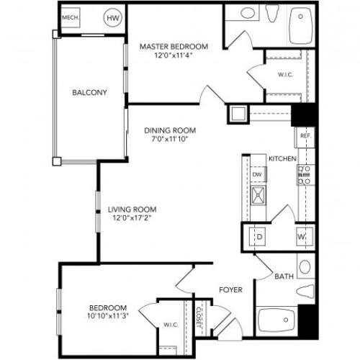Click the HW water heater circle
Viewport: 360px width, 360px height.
click(x=113, y=18)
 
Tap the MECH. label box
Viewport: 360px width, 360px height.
click(x=71, y=18)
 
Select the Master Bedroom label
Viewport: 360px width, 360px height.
click(x=174, y=46)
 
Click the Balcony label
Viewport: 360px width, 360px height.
click(x=89, y=92)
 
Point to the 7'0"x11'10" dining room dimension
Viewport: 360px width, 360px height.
click(x=169, y=139)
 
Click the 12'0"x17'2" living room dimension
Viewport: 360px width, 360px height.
click(x=132, y=218)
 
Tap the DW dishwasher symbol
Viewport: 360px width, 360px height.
click(x=258, y=174)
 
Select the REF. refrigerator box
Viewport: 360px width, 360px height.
click(x=305, y=137)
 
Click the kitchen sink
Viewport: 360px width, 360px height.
click(x=258, y=195)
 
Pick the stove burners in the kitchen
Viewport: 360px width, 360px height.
click(x=304, y=175)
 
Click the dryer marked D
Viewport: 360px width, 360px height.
click(x=257, y=237)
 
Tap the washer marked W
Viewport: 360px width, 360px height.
click(x=305, y=237)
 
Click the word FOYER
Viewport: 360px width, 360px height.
click(x=231, y=290)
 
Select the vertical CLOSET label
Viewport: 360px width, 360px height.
click(x=199, y=318)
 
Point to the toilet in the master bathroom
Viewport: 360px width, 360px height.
click(x=272, y=13)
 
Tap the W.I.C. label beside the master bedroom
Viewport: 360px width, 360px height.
click(x=285, y=75)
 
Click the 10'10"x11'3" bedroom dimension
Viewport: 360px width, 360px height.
click(x=107, y=316)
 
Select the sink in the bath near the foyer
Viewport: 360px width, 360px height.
click(x=305, y=266)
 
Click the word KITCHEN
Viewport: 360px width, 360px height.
click(x=282, y=158)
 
